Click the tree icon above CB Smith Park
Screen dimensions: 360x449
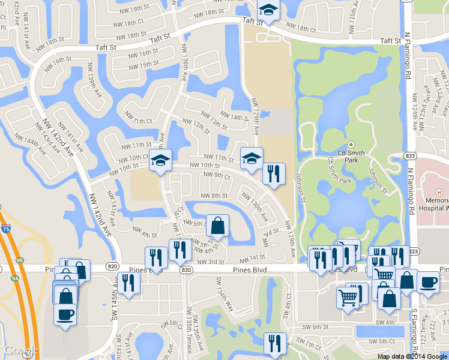(x=351, y=145)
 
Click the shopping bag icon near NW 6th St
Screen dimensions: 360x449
(x=217, y=226)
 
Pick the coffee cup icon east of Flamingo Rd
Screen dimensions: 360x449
(x=427, y=282)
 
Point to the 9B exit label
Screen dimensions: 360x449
(x=19, y=260)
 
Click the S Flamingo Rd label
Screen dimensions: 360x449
(x=414, y=330)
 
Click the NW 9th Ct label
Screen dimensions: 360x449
(x=217, y=175)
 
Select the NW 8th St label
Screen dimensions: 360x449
(x=214, y=196)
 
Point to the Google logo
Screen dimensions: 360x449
(x=22, y=350)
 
